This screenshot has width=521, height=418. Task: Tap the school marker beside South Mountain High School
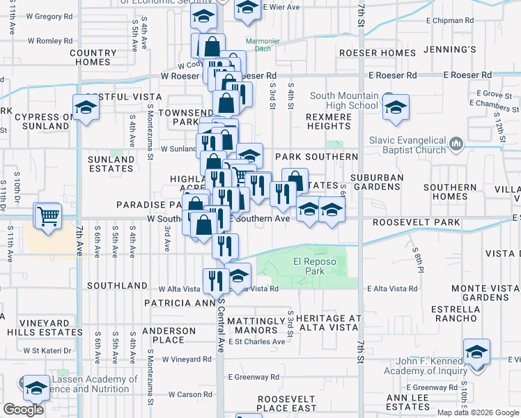tap(396, 108)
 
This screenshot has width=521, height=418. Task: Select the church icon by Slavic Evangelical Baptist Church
tap(456, 144)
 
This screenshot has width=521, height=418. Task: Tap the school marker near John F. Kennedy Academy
tap(476, 353)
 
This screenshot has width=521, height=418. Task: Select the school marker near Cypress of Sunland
tap(86, 108)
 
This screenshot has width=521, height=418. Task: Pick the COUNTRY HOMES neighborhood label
tap(93, 57)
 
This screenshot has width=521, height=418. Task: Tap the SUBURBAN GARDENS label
tap(377, 183)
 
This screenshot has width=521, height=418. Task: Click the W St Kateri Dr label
tap(47, 350)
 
